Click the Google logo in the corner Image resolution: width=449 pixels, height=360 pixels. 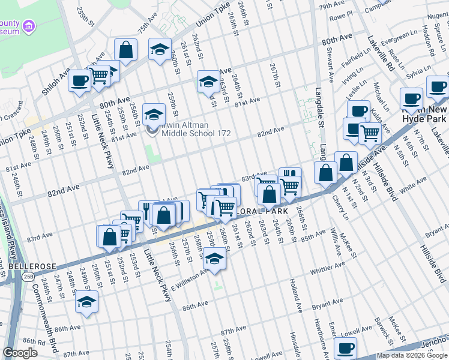(20, 353)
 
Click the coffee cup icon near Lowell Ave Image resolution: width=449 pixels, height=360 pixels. (345, 347)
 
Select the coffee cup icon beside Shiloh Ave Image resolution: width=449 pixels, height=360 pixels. (79, 80)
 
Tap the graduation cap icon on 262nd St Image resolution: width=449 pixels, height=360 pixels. (208, 81)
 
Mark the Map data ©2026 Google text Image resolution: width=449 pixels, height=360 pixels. (412, 355)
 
